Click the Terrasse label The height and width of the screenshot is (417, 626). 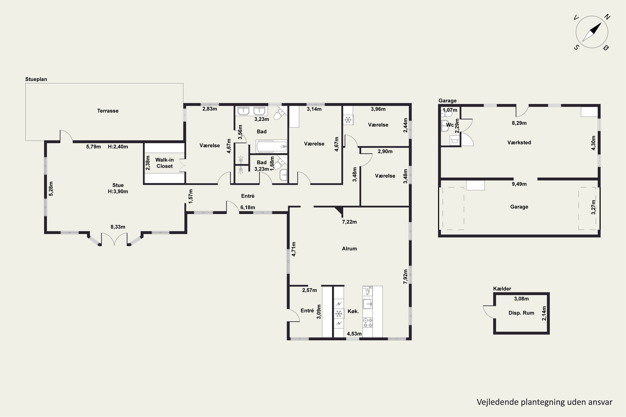pyautogui.click(x=108, y=111)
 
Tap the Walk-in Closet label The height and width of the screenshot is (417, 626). pyautogui.click(x=164, y=163)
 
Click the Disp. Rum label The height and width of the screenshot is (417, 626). pyautogui.click(x=521, y=313)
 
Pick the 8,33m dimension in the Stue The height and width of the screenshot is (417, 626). pyautogui.click(x=118, y=227)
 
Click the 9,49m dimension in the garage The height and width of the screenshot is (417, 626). pyautogui.click(x=519, y=184)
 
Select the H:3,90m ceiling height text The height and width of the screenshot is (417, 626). pyautogui.click(x=118, y=191)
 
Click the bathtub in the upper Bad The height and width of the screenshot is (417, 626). pyautogui.click(x=271, y=146)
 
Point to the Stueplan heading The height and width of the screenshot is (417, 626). pyautogui.click(x=36, y=79)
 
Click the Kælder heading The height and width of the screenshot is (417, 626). pyautogui.click(x=502, y=289)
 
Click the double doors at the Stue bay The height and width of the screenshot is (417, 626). pyautogui.click(x=114, y=239)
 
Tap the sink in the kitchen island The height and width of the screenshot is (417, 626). pyautogui.click(x=367, y=304)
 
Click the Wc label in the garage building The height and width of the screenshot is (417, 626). pyautogui.click(x=450, y=125)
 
